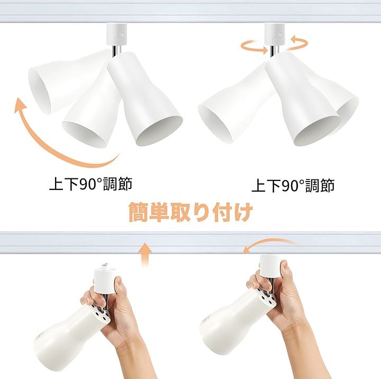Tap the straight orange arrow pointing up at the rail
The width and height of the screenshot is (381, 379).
pos(145,254)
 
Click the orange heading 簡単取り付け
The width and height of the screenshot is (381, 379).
pos(190,212)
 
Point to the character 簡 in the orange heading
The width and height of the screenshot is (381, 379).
pos(138,212)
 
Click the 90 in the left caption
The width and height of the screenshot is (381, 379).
pos(87,184)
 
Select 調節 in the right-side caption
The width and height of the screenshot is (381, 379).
pos(320,185)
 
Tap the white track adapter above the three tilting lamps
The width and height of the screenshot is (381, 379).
pos(117,34)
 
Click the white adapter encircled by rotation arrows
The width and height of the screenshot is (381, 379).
pos(275,34)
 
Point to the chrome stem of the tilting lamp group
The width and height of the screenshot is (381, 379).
pos(116,51)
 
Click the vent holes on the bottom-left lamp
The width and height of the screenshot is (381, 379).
pos(101,313)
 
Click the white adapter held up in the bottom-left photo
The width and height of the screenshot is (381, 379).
pos(105,279)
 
